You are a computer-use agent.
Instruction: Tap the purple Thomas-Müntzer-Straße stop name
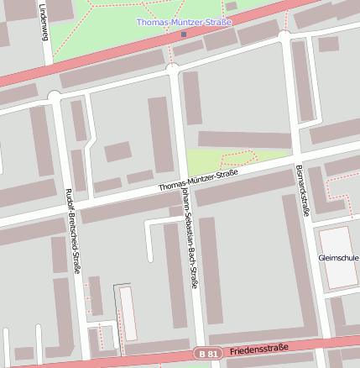184,22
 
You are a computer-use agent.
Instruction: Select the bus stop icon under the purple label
184,34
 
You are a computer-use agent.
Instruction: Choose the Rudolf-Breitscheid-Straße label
72,230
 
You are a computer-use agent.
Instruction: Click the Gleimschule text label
338,257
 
